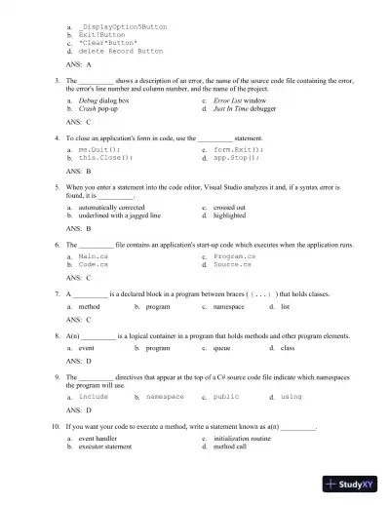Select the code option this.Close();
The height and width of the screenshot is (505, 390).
103,157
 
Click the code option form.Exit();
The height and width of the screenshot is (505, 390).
238,149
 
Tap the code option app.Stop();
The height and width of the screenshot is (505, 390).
236,157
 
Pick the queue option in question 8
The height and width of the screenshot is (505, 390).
221,348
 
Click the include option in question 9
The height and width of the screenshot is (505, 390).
94,398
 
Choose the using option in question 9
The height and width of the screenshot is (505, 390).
291,398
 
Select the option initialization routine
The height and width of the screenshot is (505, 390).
245,440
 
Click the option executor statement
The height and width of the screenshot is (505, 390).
104,447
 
